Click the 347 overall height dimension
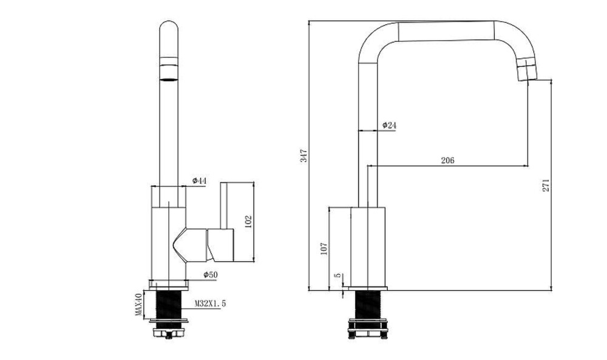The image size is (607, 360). point(305,155)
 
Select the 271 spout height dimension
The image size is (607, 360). point(546,185)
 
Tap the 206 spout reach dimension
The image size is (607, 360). point(447,160)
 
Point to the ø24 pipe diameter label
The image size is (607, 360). point(389,125)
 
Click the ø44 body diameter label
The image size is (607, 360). point(199,181)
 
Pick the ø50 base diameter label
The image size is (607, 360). point(211,275)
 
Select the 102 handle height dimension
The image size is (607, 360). point(248,222)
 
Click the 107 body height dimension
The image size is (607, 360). point(324,248)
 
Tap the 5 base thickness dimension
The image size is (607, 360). point(338,275)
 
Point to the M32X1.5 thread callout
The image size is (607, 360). point(210,304)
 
